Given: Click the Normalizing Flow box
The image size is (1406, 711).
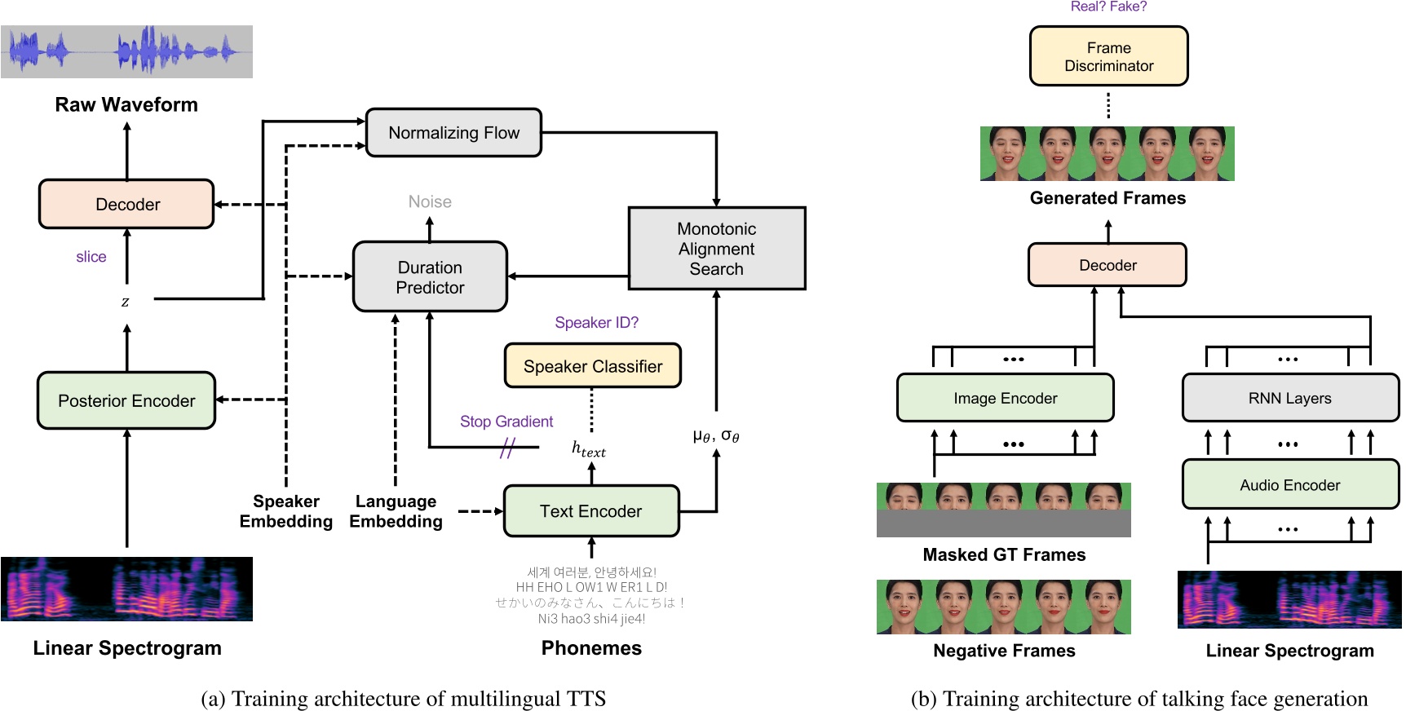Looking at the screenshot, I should tap(453, 132).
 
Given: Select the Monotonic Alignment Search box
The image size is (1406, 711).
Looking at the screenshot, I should tap(716, 249).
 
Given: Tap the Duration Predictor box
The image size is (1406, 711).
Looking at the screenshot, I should tap(430, 277).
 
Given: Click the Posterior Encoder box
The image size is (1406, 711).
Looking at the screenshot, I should tap(126, 400).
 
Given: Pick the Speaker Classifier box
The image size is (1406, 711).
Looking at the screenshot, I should tap(592, 366).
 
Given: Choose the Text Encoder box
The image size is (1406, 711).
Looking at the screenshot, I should tap(591, 511).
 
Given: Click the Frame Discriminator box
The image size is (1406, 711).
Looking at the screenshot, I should tap(1108, 56).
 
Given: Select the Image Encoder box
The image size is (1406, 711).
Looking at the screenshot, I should tap(1005, 398).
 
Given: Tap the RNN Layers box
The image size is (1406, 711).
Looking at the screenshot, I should tap(1289, 398).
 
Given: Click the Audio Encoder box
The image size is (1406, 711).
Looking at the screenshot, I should tap(1289, 485).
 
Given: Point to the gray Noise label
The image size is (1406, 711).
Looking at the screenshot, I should tap(430, 201).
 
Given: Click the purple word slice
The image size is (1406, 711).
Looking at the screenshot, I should tap(91, 257).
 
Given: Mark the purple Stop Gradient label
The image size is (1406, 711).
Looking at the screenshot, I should tap(506, 422).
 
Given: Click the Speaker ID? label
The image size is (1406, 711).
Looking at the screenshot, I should tap(596, 323).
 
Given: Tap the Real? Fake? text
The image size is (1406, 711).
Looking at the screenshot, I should tap(1108, 7).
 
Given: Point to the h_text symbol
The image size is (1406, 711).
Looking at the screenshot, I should tap(588, 449).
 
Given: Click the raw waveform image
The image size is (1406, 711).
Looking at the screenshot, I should tap(126, 51).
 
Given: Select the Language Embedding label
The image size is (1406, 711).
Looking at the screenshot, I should tap(396, 511).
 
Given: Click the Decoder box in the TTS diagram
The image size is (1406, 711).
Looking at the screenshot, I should tap(126, 204).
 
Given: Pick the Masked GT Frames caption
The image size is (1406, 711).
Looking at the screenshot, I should tap(1004, 554).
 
